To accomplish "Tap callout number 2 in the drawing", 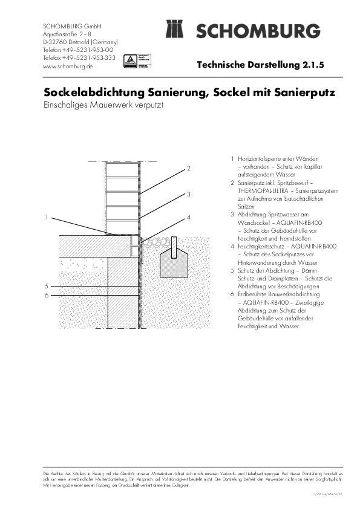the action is click(189, 168).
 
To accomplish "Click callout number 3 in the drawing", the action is click(189, 194).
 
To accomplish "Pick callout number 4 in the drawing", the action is click(189, 216).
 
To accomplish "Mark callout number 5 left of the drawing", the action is click(47, 285).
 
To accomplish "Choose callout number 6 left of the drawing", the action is click(47, 295).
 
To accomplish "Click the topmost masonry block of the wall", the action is click(122, 170).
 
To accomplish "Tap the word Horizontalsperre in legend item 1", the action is click(257, 158).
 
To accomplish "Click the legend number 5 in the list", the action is click(232, 270).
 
